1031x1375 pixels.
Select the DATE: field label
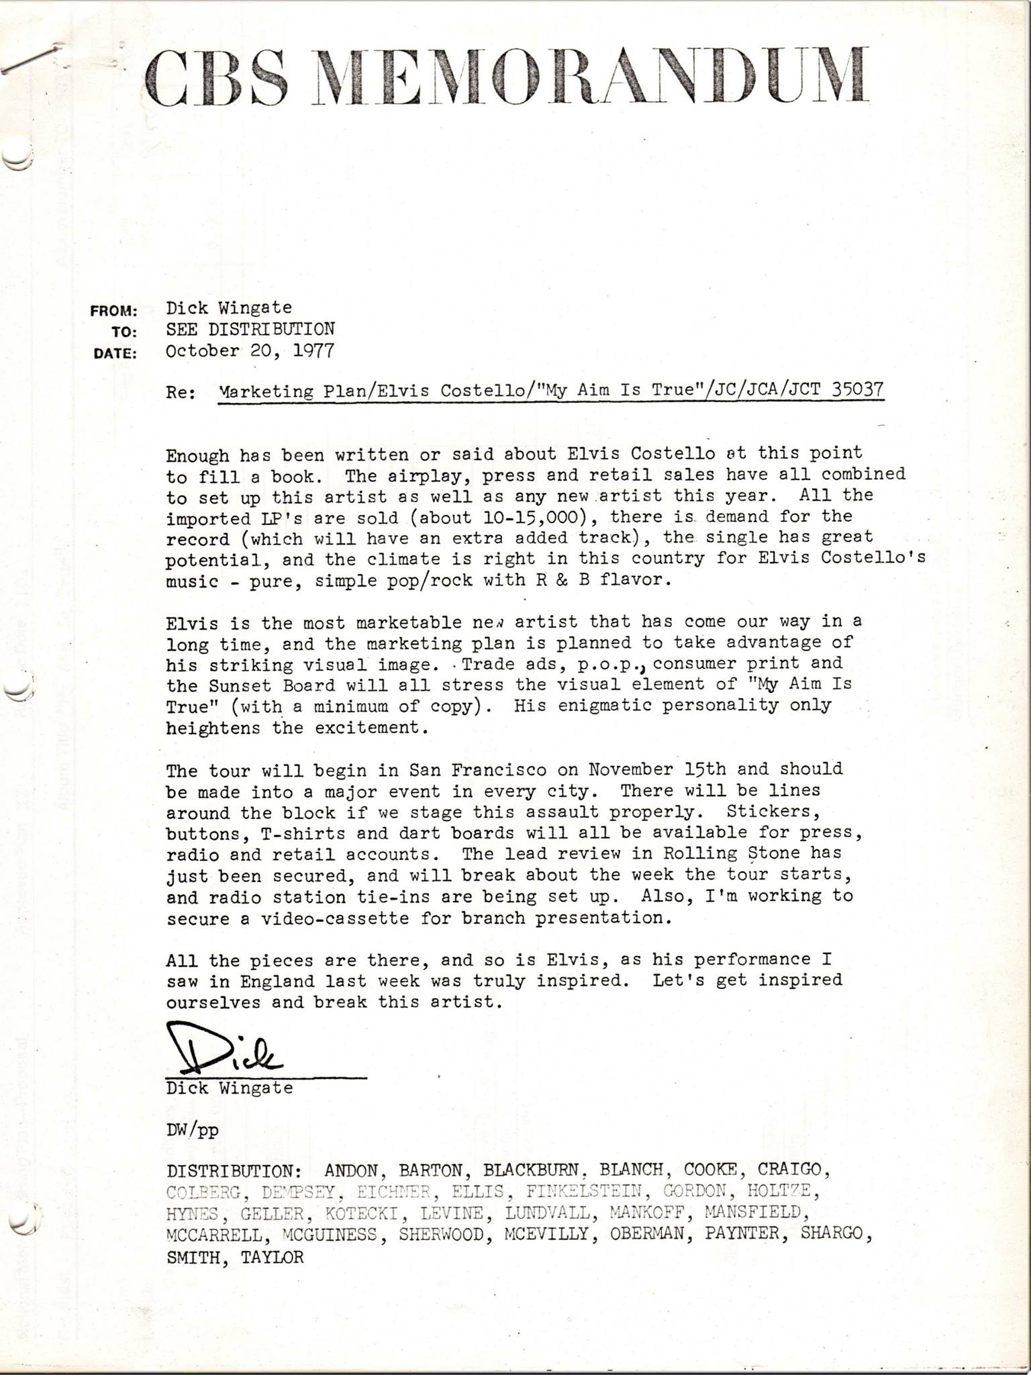pyautogui.click(x=115, y=353)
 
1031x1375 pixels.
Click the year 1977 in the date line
pyautogui.click(x=313, y=350)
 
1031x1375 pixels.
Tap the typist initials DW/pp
pyautogui.click(x=192, y=1130)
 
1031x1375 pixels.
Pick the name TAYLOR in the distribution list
pyautogui.click(x=272, y=1257)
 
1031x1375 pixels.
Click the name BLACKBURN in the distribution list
pyautogui.click(x=531, y=1170)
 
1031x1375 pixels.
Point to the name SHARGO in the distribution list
pyautogui.click(x=832, y=1235)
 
